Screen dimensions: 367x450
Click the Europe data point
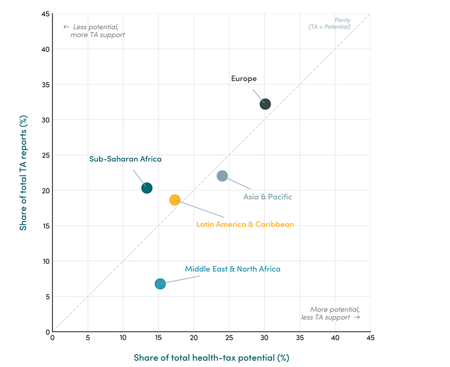tap(265, 104)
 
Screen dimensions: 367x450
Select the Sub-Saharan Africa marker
tap(146, 188)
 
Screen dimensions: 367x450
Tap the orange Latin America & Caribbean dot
tap(174, 199)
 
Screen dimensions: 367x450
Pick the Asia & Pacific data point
tap(222, 176)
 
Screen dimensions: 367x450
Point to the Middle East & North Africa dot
tap(160, 283)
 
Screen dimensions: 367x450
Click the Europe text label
tap(243, 78)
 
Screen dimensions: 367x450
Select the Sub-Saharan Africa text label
tap(125, 159)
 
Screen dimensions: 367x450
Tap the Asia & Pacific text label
tap(267, 196)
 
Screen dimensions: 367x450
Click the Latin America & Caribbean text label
tap(245, 224)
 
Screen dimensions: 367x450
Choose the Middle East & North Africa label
tap(232, 269)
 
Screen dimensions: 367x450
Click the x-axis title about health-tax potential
tap(211, 357)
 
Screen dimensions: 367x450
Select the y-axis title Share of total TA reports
tap(23, 173)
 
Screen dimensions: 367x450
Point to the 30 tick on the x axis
tap(264, 337)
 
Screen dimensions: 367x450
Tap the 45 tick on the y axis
tap(45, 14)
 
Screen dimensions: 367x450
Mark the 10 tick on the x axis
tap(123, 337)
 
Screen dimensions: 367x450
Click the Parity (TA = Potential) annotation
tap(329, 23)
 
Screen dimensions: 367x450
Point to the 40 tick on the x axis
tap(335, 337)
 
